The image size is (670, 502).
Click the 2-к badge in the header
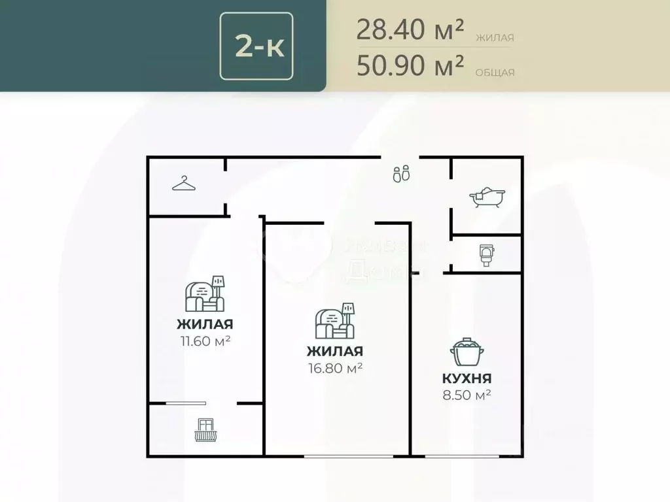256,46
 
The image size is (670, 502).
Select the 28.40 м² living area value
410,29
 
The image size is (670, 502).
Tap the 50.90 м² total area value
410,65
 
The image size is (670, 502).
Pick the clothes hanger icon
185,184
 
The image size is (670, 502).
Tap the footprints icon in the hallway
401,174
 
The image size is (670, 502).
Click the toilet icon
485,254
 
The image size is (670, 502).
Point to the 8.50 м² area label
466,395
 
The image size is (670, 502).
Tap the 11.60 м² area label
205,341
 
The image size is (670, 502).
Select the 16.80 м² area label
336,368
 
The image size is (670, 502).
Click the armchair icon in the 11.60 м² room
205,293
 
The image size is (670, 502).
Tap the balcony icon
205,430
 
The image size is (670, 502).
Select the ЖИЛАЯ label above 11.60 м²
205,324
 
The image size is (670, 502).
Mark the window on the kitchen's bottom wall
458,455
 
